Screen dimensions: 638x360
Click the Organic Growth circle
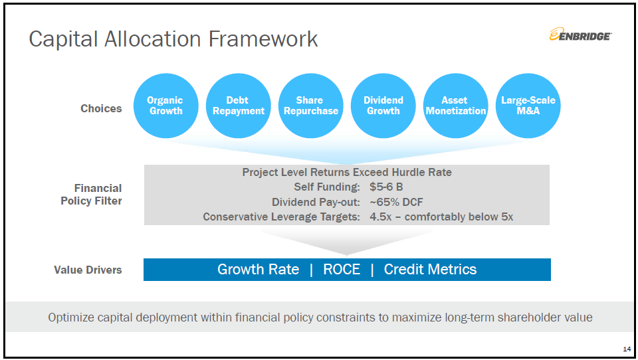165,106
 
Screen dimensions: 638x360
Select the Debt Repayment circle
239,106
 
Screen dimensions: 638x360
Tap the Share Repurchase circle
311,106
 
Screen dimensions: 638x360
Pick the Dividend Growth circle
383,106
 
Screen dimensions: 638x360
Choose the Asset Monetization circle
456,106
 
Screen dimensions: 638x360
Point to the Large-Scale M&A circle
528,106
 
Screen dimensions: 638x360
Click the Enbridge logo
580,35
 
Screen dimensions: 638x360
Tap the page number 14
627,349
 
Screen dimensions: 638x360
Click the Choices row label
101,109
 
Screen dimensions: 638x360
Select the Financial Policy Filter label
91,195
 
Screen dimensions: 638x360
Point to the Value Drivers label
88,270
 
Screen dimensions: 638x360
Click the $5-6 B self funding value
386,187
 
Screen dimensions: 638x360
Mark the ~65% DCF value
396,202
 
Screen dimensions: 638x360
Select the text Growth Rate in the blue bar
258,269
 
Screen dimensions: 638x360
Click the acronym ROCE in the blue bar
342,269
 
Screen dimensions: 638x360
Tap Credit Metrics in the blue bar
430,269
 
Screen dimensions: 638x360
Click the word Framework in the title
263,39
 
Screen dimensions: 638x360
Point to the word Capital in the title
63,40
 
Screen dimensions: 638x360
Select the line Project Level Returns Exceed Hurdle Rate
347,173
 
